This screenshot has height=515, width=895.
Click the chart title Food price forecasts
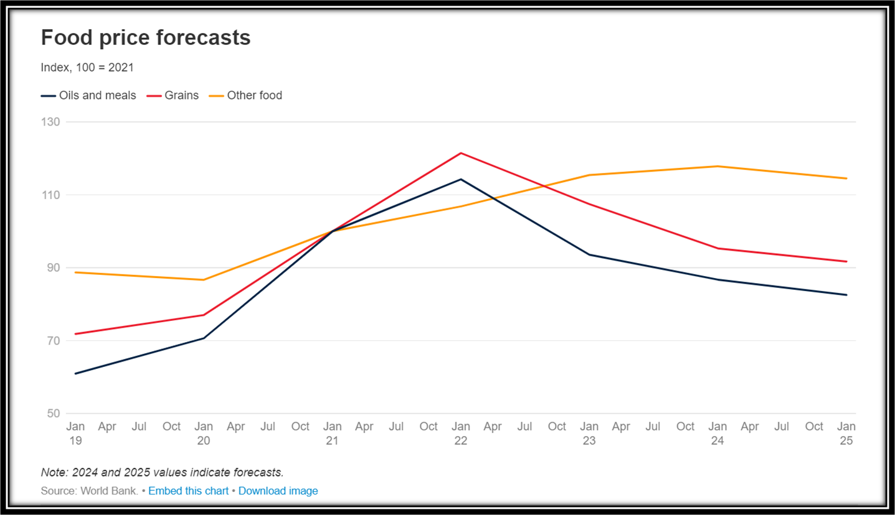click(146, 38)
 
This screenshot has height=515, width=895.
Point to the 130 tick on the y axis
click(52, 122)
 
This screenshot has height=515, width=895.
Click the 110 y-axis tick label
click(52, 195)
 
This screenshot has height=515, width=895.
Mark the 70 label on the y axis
click(53, 341)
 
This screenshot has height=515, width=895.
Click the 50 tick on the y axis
click(53, 414)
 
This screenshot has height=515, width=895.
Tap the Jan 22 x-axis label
click(461, 434)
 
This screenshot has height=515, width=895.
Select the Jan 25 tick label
click(846, 434)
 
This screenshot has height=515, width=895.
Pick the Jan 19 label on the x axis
click(75, 434)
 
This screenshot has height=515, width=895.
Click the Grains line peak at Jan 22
click(461, 153)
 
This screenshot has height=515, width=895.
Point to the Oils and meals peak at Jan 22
click(461, 179)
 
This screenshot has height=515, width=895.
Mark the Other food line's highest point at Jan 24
click(718, 166)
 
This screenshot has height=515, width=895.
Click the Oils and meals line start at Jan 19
click(75, 374)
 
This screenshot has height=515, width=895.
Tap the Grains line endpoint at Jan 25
click(846, 261)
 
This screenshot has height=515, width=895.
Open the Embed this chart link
click(188, 491)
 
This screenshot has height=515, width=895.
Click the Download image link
click(278, 491)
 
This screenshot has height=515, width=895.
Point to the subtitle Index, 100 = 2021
click(87, 68)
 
